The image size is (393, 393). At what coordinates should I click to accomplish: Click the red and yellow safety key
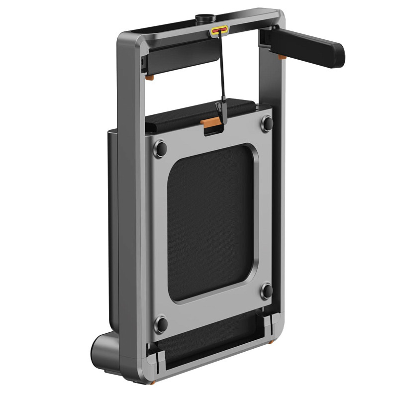pyautogui.click(x=219, y=31)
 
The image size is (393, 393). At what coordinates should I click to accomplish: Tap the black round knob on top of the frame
pyautogui.click(x=205, y=19)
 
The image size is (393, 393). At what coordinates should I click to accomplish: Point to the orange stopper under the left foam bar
pyautogui.click(x=149, y=78)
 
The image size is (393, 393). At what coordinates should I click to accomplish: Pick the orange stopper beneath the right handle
pyautogui.click(x=282, y=57)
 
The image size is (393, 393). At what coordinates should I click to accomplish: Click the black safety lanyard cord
pyautogui.click(x=221, y=70)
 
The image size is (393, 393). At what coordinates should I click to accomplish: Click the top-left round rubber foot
pyautogui.click(x=160, y=148)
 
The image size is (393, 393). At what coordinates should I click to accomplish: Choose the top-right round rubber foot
pyautogui.click(x=267, y=123)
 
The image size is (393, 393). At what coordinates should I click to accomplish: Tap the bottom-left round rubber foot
pyautogui.click(x=161, y=324)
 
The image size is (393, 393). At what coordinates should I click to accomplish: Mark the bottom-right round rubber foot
pyautogui.click(x=267, y=291)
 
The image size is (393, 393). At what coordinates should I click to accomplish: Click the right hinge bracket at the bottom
pyautogui.click(x=268, y=324)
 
